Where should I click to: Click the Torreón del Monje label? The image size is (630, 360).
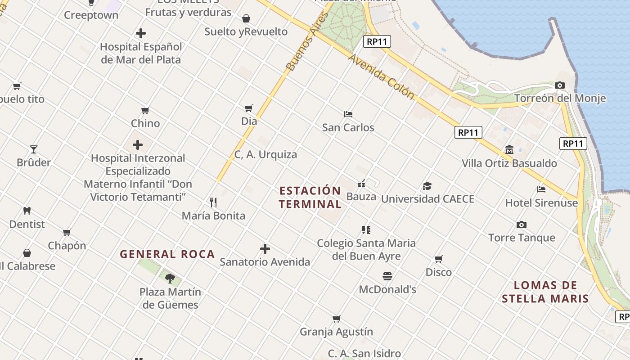click(x=560, y=98)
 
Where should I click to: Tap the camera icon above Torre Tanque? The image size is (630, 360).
click(x=522, y=225)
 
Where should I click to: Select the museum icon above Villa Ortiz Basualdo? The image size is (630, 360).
click(x=509, y=150)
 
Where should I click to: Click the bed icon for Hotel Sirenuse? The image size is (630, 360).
click(x=541, y=189)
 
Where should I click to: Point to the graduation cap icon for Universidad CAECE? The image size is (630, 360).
click(x=427, y=186)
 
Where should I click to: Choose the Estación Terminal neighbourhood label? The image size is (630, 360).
click(x=310, y=197)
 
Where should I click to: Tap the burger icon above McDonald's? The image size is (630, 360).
click(x=387, y=276)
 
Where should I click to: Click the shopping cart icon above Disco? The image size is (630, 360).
click(x=439, y=259)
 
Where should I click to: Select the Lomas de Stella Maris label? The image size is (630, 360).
click(x=545, y=292)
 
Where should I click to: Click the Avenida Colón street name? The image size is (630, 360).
click(x=381, y=76)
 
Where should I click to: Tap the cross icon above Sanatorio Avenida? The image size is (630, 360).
click(x=265, y=248)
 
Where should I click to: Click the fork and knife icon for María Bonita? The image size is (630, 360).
click(x=213, y=202)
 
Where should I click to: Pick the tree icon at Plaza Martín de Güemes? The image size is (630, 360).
click(x=170, y=279)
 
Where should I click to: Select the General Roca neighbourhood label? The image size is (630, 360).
click(x=167, y=254)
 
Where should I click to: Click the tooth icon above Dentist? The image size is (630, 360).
click(x=27, y=211)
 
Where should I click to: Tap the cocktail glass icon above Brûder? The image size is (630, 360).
click(x=34, y=149)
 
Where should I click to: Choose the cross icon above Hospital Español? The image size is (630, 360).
click(x=141, y=33)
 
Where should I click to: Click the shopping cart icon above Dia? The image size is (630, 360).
click(x=249, y=108)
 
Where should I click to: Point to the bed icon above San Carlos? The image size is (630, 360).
click(x=348, y=114)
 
